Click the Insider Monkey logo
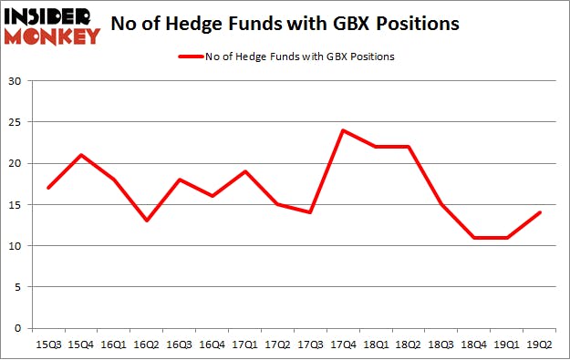(x=52, y=26)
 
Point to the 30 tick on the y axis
(x=16, y=81)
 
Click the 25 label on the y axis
(x=16, y=122)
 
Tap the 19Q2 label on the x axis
(x=538, y=345)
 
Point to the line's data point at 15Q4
(x=81, y=155)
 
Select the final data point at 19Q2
(x=538, y=212)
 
